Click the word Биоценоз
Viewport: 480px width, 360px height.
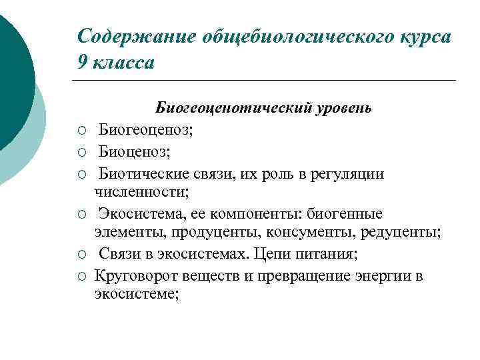[x=133, y=151]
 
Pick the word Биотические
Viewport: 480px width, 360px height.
[x=147, y=173]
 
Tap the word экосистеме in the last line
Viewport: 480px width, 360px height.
[x=136, y=295]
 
